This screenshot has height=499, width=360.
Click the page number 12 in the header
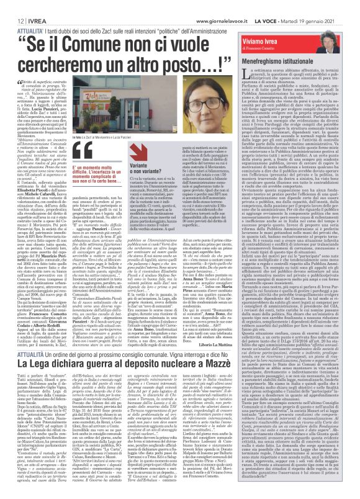pos(12,4)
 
